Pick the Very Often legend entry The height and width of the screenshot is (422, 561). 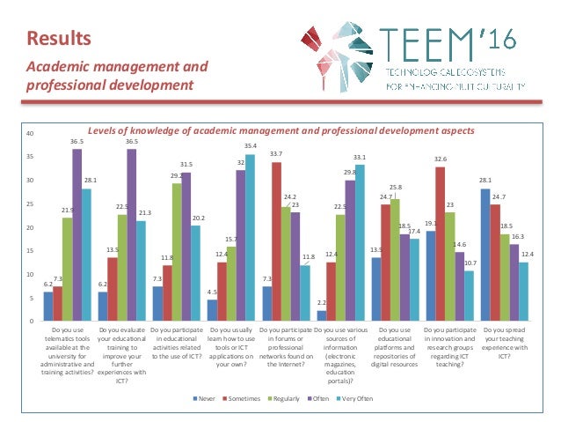(354, 399)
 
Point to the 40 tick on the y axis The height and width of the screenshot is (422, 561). (30, 134)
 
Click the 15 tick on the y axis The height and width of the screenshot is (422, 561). (30, 250)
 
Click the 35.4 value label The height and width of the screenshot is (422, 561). (251, 145)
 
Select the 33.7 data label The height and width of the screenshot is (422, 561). (275, 153)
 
